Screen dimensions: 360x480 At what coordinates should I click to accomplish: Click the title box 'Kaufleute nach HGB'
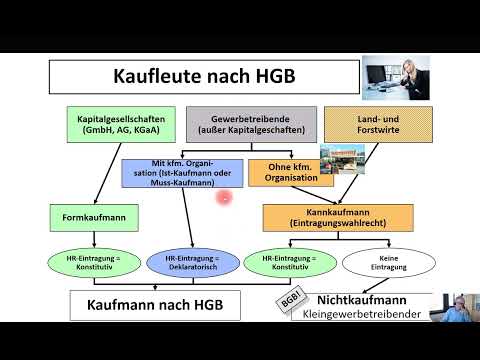point(204,76)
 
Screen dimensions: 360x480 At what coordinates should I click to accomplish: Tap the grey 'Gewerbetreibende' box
point(250,125)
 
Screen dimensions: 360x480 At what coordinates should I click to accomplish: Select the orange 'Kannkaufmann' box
point(337,216)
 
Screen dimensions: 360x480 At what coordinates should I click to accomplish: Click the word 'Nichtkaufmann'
point(362,299)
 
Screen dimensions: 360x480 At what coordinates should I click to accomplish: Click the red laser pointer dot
point(224,198)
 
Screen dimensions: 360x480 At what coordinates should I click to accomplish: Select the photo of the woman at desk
point(398,74)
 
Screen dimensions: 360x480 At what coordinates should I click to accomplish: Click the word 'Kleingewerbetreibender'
point(369,315)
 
